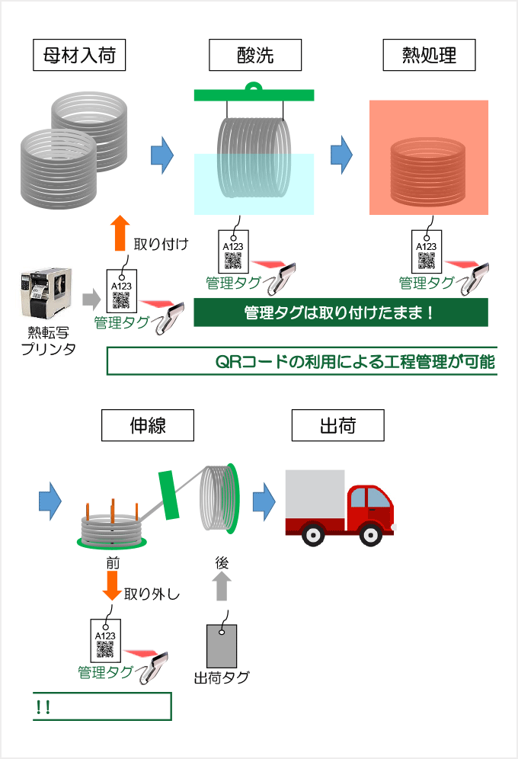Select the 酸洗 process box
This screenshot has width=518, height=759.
click(255, 55)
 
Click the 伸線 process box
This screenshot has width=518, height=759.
click(148, 425)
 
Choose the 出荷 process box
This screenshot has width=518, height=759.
click(337, 425)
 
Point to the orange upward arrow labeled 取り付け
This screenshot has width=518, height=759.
click(118, 232)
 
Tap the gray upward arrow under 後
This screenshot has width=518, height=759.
click(222, 588)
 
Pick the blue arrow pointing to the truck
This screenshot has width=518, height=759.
click(264, 501)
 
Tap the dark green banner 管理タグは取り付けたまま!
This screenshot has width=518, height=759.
click(341, 312)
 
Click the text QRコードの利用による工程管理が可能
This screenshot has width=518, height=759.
click(355, 362)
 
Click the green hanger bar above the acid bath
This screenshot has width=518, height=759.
click(254, 94)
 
